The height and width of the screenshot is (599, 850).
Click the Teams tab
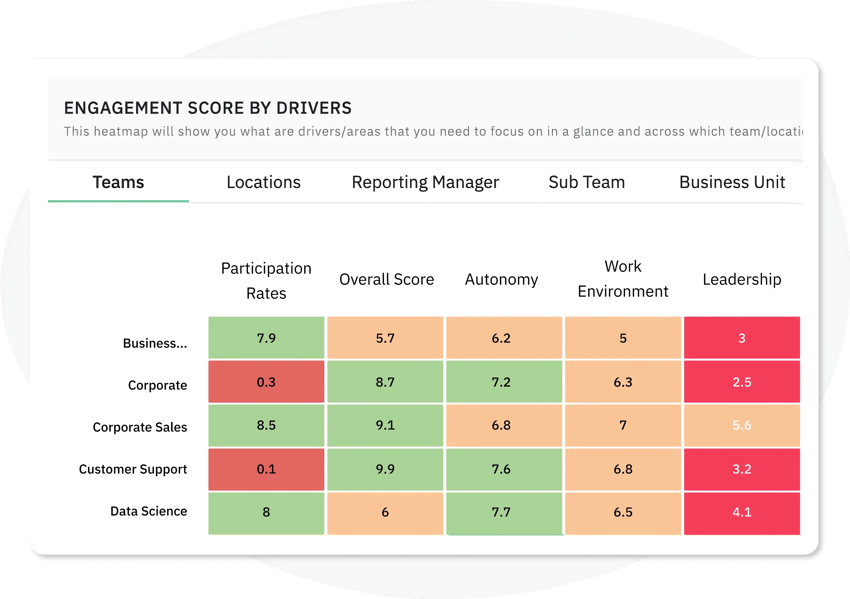point(118,182)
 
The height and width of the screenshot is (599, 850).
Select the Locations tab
point(264,182)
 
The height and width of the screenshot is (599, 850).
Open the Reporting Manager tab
point(425,182)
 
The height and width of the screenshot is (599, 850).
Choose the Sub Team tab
point(587,182)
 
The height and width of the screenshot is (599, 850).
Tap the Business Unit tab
point(732,182)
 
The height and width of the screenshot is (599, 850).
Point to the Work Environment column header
point(623,279)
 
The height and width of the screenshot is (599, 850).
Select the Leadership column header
point(742,279)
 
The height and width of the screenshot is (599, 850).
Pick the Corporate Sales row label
point(140,427)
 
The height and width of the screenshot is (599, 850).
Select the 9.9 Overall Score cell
point(385,469)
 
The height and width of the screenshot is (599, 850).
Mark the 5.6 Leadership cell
point(742,425)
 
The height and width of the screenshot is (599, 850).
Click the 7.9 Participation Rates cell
point(266,338)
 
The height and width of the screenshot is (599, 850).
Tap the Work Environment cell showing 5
point(623,338)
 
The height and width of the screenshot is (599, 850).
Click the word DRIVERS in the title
point(314,108)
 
